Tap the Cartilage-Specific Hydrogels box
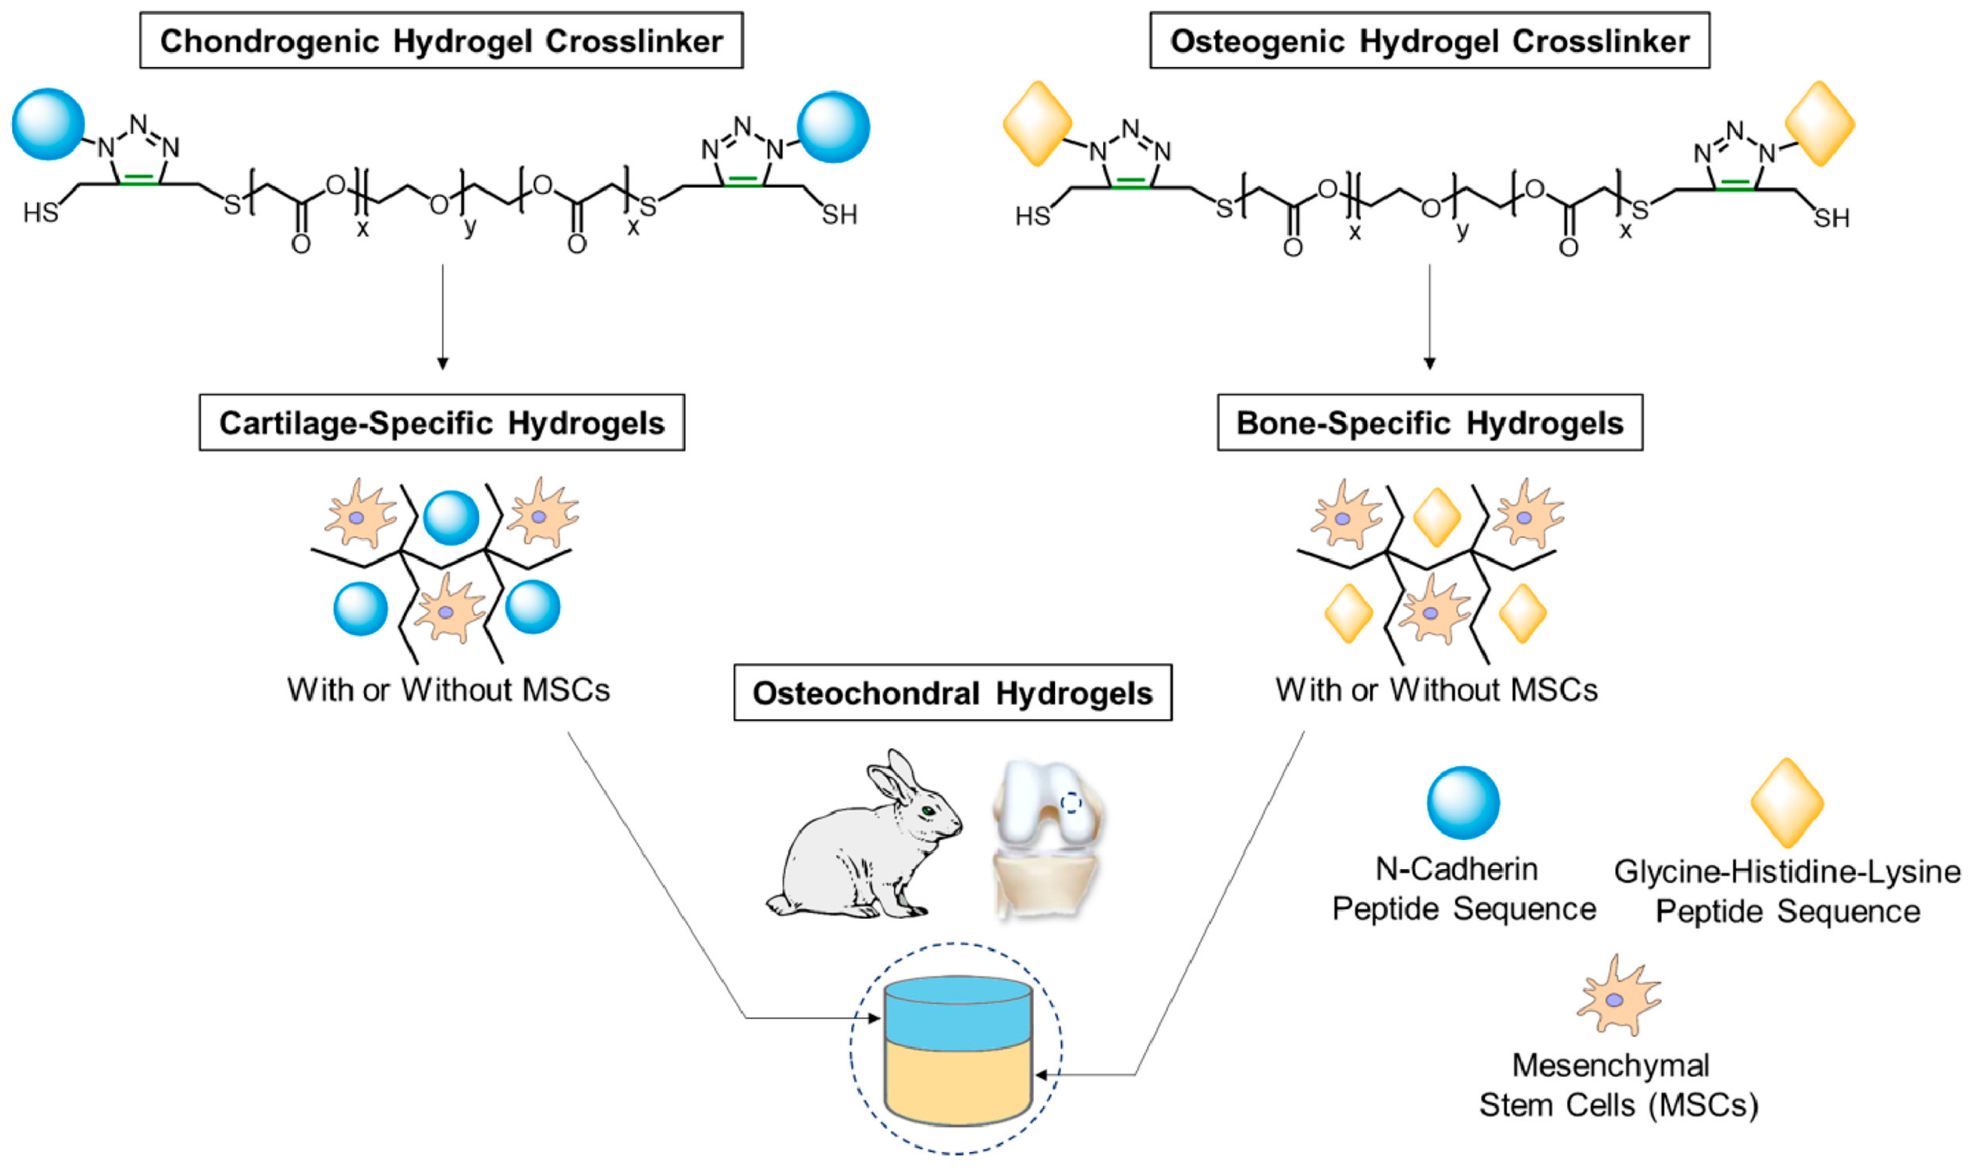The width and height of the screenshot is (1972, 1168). pos(442,423)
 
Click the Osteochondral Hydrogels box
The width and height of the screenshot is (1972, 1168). pos(952,692)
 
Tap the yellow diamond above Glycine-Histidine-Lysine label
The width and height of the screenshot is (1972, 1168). pos(1787,803)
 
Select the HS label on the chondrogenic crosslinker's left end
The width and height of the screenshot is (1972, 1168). pos(40,212)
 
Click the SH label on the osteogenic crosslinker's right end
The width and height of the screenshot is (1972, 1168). pos(1831,217)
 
